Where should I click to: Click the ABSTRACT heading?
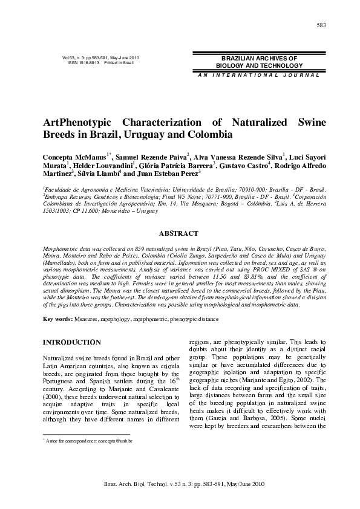178,233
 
